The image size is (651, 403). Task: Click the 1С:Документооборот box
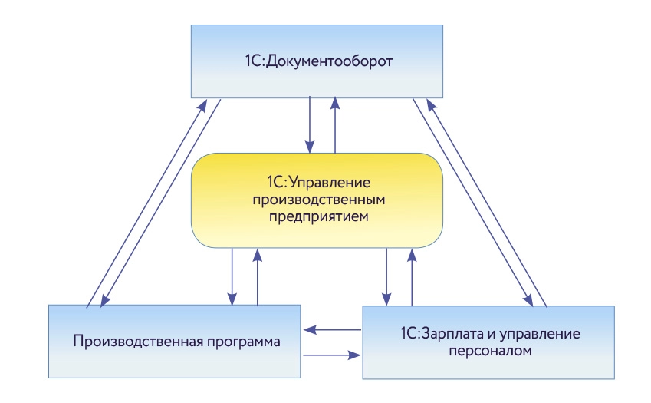(316, 61)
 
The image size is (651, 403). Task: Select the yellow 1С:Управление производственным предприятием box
(317, 200)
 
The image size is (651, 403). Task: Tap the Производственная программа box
(176, 341)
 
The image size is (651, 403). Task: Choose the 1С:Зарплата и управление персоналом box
(488, 342)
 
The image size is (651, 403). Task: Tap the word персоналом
(488, 351)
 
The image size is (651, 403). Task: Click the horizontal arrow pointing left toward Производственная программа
(332, 330)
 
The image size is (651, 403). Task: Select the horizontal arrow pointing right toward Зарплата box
(332, 355)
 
